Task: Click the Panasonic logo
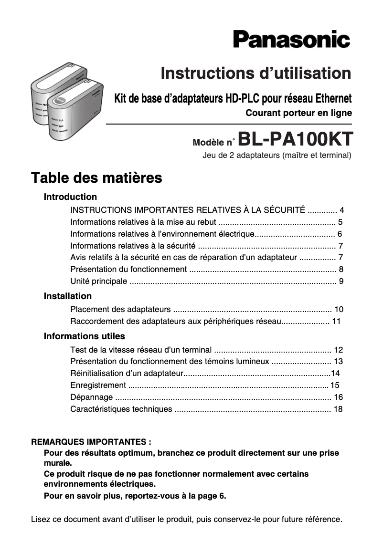click(x=291, y=39)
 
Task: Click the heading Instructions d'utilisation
click(x=256, y=73)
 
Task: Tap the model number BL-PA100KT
click(x=295, y=139)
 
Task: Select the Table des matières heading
click(x=96, y=178)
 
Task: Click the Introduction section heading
click(x=70, y=197)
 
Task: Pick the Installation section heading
click(x=68, y=296)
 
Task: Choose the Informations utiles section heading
click(x=85, y=336)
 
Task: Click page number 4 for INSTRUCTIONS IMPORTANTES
click(x=341, y=210)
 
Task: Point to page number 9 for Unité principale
click(x=341, y=281)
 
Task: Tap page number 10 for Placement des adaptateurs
click(x=339, y=310)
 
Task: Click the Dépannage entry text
click(x=92, y=397)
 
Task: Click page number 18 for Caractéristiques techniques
click(x=338, y=409)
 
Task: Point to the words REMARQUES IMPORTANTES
click(x=91, y=442)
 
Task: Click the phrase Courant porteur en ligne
click(x=298, y=114)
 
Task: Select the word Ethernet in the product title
click(x=333, y=99)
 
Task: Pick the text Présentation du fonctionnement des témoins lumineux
click(x=170, y=362)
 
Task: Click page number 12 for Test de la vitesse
click(x=339, y=350)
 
